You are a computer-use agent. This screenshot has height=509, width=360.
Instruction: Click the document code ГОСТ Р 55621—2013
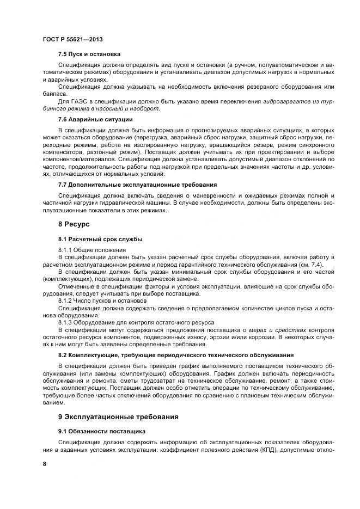72,40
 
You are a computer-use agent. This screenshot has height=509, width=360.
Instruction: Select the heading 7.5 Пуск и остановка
89,54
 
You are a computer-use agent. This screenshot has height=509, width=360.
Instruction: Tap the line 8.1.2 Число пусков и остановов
102,301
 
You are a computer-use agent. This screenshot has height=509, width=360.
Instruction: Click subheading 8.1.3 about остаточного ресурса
136,323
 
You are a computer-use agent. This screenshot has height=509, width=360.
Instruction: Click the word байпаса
55,94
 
